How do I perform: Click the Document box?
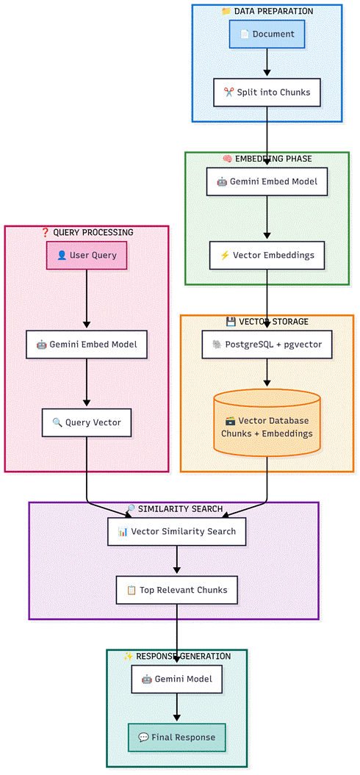click(x=267, y=34)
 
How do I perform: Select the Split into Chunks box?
click(x=267, y=92)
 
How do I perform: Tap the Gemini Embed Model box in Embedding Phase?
click(x=267, y=181)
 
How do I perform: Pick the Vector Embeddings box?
click(x=267, y=255)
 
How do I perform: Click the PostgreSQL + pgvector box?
click(x=267, y=344)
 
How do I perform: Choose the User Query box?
click(x=87, y=255)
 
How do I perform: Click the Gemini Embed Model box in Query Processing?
click(x=87, y=344)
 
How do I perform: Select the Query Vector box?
click(x=87, y=422)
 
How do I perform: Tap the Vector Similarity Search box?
click(x=176, y=531)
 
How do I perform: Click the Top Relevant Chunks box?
click(x=176, y=590)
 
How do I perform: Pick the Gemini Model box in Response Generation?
click(x=176, y=679)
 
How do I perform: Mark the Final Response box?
click(x=176, y=738)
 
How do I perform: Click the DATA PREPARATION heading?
click(x=267, y=11)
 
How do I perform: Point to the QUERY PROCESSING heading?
click(x=87, y=232)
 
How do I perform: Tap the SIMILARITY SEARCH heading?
click(x=175, y=508)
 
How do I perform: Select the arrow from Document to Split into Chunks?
click(x=267, y=63)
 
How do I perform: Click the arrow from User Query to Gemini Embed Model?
click(x=87, y=300)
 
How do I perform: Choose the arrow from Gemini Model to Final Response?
click(x=176, y=708)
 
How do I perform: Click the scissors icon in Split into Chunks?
click(x=228, y=92)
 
